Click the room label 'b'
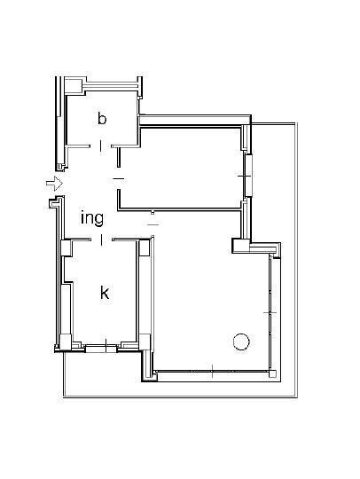point(102,117)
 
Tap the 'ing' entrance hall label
point(92,217)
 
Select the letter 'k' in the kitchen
point(105,292)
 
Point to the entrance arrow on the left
point(53,184)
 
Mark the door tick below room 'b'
point(101,145)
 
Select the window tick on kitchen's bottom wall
point(106,344)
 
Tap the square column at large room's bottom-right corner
point(272,373)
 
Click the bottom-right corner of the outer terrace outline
point(297,397)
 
